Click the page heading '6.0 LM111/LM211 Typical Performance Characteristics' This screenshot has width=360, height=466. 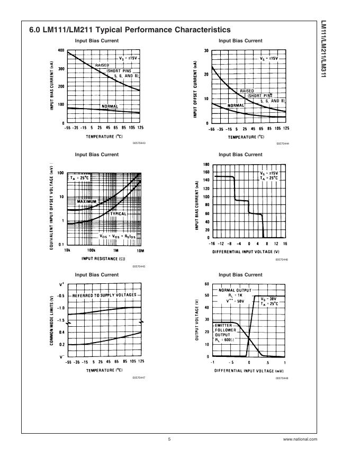click(x=130, y=30)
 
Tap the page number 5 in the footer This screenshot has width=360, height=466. click(x=169, y=439)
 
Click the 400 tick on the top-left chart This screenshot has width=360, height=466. click(x=61, y=51)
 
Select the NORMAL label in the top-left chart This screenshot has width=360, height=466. click(x=110, y=106)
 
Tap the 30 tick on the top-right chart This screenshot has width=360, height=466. click(x=205, y=51)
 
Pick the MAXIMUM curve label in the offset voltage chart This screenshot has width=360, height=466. click(x=88, y=202)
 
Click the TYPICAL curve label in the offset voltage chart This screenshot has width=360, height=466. click(x=118, y=214)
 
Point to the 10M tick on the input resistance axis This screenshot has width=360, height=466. click(x=140, y=250)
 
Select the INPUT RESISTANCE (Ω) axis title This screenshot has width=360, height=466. click(x=103, y=258)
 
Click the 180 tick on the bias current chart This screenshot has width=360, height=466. click(x=206, y=165)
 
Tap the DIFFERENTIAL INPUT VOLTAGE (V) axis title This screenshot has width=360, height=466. click(x=246, y=252)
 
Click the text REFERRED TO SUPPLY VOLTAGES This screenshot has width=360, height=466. click(x=104, y=295)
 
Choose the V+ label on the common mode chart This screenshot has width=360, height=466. click(x=61, y=285)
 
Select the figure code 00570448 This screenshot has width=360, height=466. click(x=282, y=378)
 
